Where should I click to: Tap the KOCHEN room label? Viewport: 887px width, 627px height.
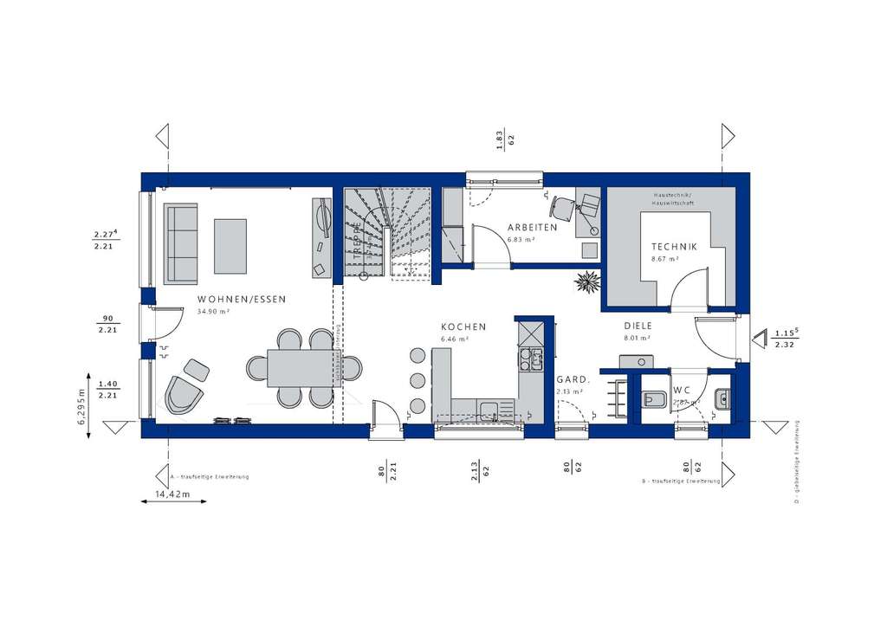tap(463, 326)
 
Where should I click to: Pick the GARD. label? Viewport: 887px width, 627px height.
tap(573, 379)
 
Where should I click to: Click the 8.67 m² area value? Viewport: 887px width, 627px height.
tap(664, 258)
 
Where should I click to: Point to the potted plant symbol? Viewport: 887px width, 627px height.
tap(589, 281)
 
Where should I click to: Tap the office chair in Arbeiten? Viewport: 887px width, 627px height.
tap(560, 207)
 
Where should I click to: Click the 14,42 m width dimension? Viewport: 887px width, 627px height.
tap(172, 494)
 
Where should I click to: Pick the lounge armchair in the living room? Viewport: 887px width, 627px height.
tap(185, 395)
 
